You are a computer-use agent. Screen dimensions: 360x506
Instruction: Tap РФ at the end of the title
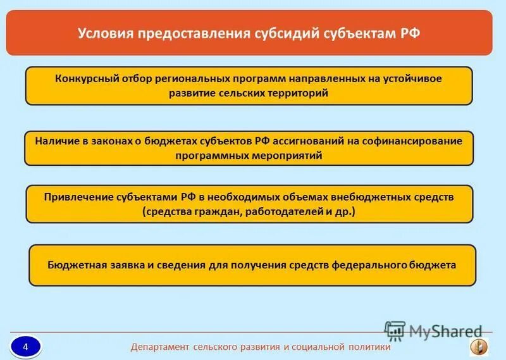(x=411, y=33)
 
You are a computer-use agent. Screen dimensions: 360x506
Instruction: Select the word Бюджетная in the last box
(x=73, y=265)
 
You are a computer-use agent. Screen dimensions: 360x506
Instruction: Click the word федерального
(x=369, y=265)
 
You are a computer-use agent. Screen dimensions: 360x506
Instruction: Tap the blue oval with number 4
(x=25, y=346)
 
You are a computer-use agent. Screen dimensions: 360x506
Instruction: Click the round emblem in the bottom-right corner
(x=478, y=346)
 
